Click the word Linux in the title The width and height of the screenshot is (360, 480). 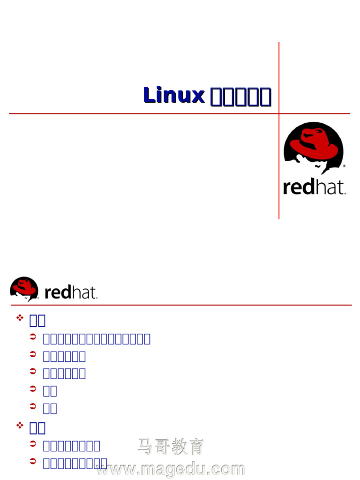pyautogui.click(x=174, y=95)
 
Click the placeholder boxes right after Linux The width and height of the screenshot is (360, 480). pyautogui.click(x=240, y=96)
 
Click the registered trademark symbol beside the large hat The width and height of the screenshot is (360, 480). pyautogui.click(x=344, y=166)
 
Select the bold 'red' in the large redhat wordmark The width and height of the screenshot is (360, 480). pyautogui.click(x=300, y=187)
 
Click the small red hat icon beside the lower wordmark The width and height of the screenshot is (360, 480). pyautogui.click(x=24, y=288)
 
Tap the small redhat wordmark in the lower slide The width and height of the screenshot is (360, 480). pyautogui.click(x=71, y=293)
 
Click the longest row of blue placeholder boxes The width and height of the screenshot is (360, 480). pyautogui.click(x=97, y=339)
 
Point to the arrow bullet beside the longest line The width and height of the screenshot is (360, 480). pyautogui.click(x=33, y=337)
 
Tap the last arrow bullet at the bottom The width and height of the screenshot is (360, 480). pyautogui.click(x=33, y=462)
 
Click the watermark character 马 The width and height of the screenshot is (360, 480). pyautogui.click(x=145, y=446)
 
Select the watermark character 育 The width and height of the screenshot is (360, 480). pyautogui.click(x=197, y=446)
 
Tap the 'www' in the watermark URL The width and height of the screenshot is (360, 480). pyautogui.click(x=114, y=469)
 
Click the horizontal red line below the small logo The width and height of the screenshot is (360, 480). pyautogui.click(x=187, y=305)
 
